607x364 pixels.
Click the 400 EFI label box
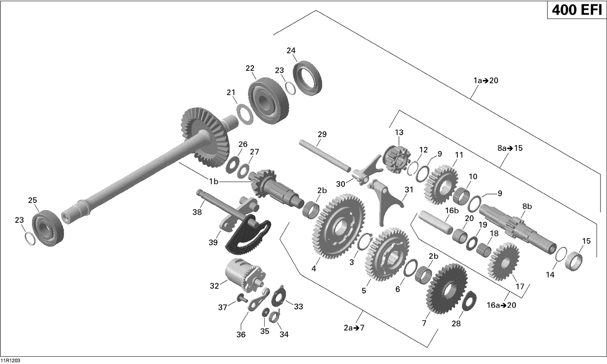pos(577,10)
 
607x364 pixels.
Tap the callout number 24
pos(291,51)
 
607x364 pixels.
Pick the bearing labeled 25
pos(49,228)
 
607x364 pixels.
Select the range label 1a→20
pos(486,80)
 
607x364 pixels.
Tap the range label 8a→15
pos(510,148)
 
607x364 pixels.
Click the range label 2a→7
pos(354,328)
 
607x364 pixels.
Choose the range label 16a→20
pos(501,305)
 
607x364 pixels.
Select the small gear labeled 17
pos(503,261)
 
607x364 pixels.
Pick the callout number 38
pos(197,212)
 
